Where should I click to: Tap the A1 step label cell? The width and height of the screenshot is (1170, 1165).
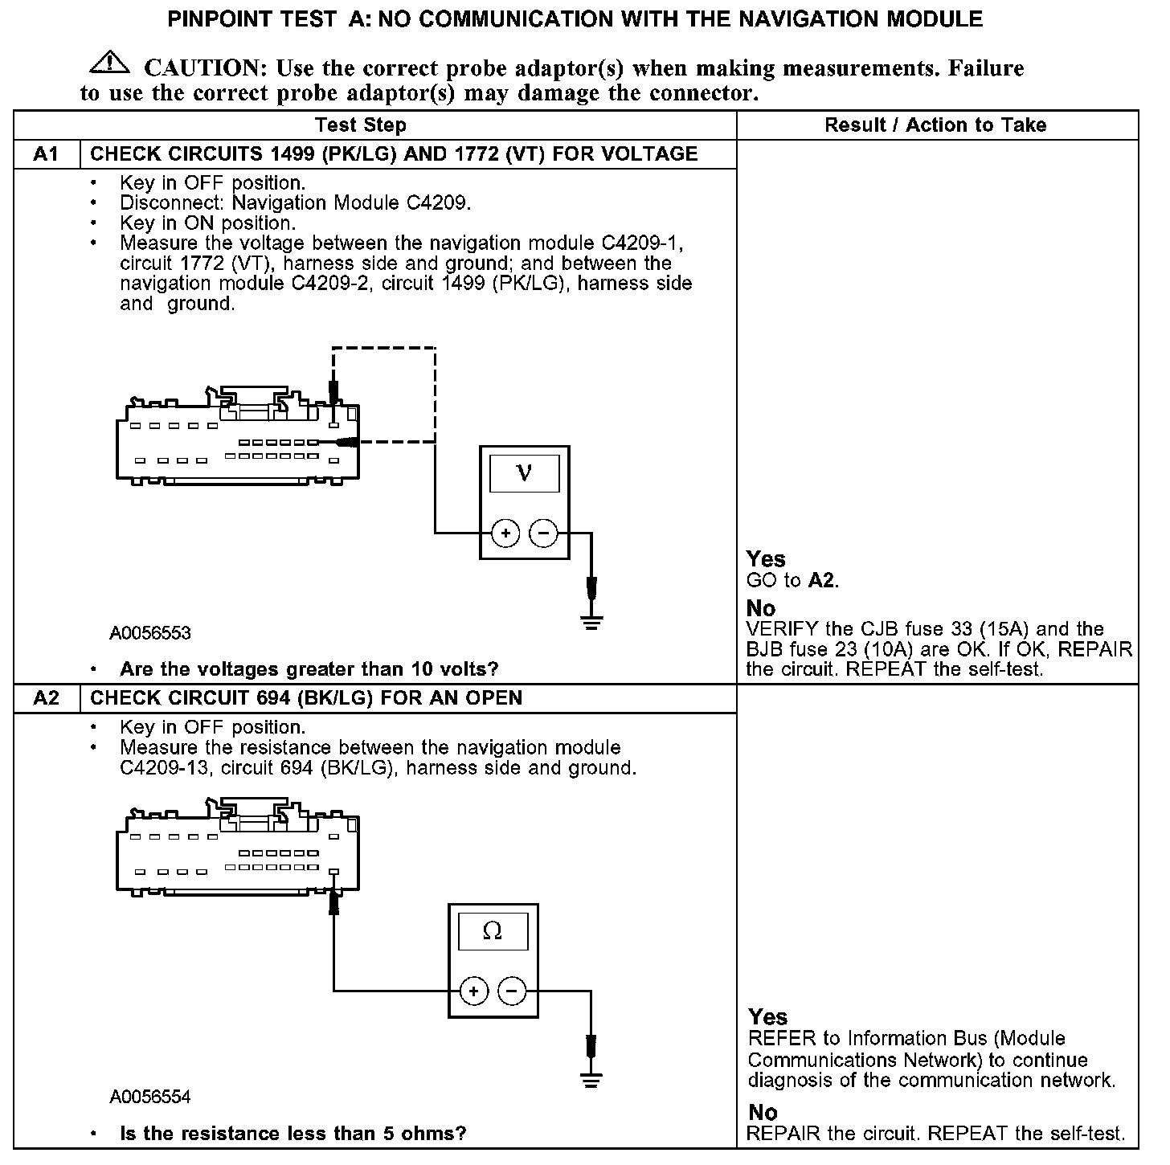tap(47, 154)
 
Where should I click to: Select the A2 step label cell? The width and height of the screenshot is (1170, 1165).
tap(47, 698)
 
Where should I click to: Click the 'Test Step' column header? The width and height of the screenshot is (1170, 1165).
tap(361, 125)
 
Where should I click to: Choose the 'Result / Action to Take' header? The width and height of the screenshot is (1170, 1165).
tap(935, 125)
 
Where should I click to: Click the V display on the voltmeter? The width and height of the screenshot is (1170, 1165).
tap(524, 472)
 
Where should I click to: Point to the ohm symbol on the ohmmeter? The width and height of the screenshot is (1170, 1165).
tap(493, 931)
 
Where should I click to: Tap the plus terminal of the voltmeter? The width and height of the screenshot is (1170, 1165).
tap(505, 533)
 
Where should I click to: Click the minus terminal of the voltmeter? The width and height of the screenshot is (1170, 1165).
tap(544, 533)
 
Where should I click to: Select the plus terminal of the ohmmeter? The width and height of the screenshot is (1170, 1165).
tap(474, 991)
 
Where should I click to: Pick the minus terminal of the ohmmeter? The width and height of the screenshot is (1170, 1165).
tap(513, 991)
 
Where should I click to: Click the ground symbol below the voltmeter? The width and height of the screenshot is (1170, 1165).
tap(591, 622)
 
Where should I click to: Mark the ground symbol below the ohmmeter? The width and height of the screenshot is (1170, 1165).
tap(591, 1080)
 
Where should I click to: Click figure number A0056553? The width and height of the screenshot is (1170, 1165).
tap(150, 633)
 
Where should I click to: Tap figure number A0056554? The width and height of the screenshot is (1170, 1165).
tap(150, 1097)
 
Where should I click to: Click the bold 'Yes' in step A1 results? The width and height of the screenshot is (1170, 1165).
tap(766, 559)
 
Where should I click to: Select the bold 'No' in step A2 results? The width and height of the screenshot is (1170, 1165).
tap(763, 1113)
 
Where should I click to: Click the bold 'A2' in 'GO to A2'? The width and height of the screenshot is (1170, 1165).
tap(821, 581)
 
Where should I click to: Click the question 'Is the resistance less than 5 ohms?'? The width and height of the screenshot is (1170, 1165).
tap(292, 1134)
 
